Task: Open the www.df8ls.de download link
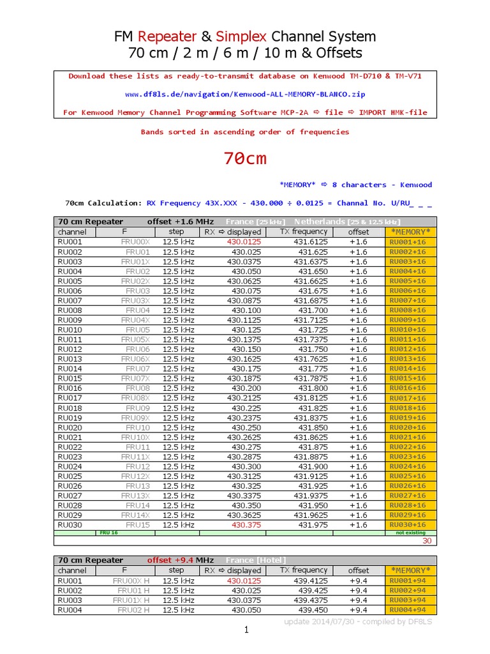pyautogui.click(x=245, y=94)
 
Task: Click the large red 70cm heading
pyautogui.click(x=245, y=158)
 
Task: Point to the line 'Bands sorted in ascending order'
pyautogui.click(x=245, y=132)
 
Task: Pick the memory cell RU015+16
pyautogui.click(x=408, y=379)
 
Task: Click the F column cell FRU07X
pyautogui.click(x=135, y=379)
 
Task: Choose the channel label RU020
pyautogui.click(x=70, y=427)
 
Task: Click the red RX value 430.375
pyautogui.click(x=246, y=525)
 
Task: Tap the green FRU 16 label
pyautogui.click(x=108, y=532)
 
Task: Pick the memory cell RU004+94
pyautogui.click(x=408, y=610)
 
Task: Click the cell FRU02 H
pyautogui.click(x=133, y=610)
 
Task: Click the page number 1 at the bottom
pyautogui.click(x=245, y=630)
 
